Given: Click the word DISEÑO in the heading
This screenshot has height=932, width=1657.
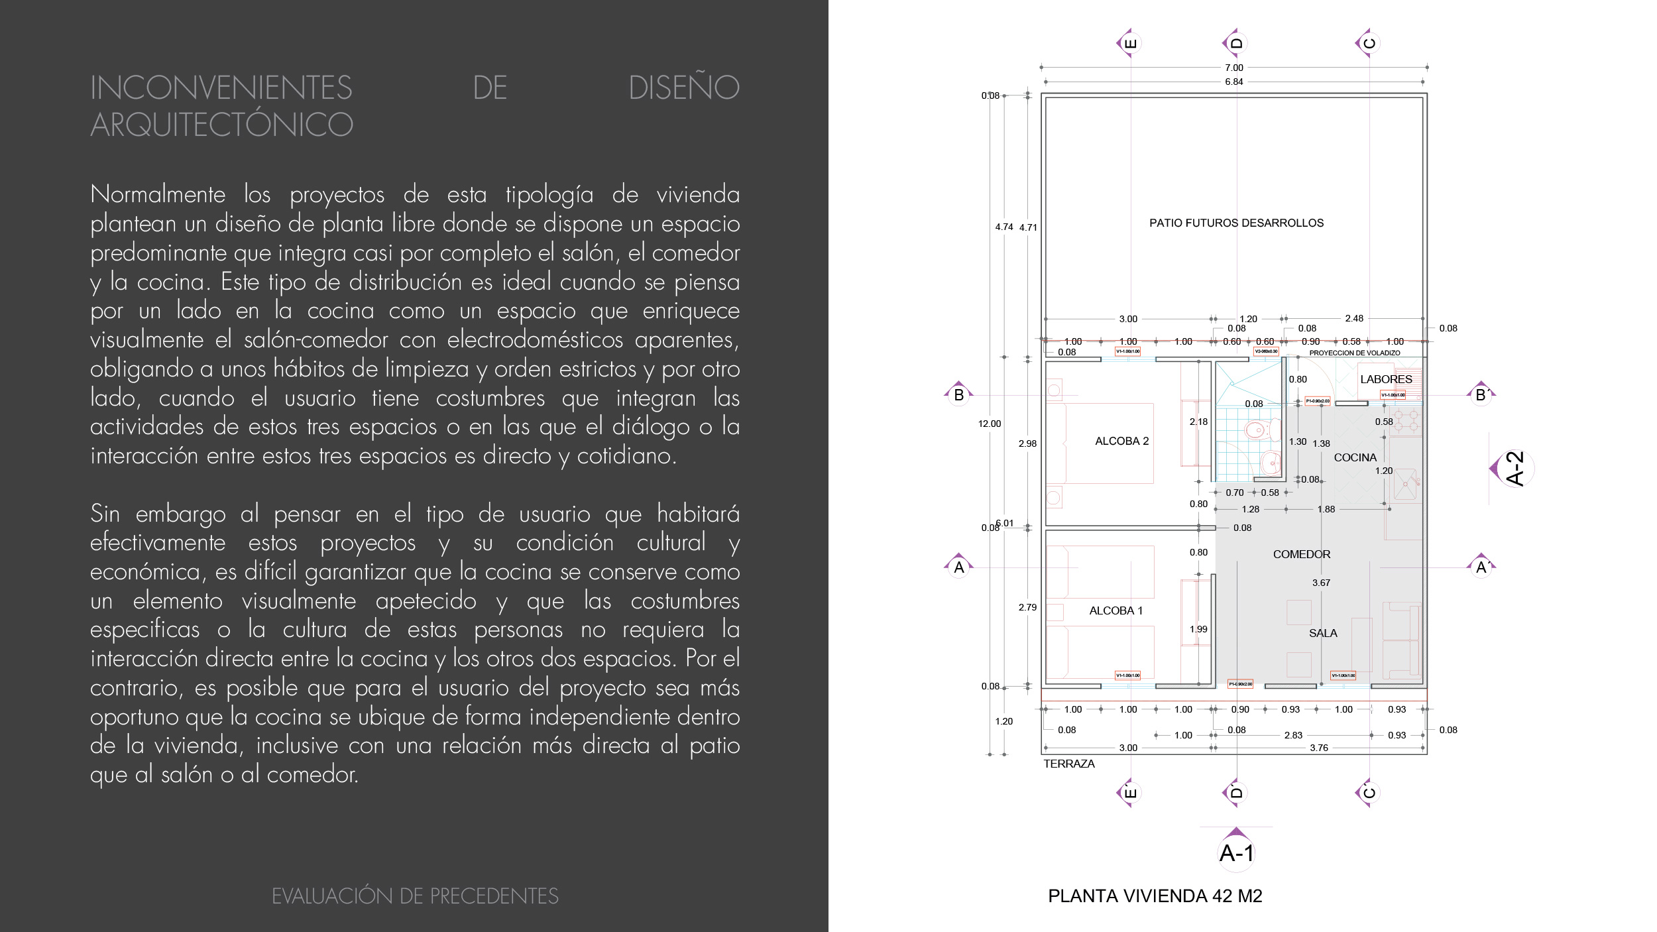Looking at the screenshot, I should [683, 87].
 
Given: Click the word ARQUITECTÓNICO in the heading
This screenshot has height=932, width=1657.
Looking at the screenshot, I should [222, 125].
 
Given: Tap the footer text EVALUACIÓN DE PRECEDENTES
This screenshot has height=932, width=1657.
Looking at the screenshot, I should [415, 896].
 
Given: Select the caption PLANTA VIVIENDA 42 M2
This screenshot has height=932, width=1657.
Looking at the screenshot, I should [1155, 896].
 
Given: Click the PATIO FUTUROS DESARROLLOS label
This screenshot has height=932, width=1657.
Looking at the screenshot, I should [1236, 223].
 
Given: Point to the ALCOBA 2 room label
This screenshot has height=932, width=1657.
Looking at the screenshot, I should [1121, 441].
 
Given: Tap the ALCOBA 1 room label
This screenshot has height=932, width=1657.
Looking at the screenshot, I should [1116, 611].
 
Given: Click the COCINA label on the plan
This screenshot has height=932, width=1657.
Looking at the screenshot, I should [1355, 457].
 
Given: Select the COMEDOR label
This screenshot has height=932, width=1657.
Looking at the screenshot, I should [1301, 554].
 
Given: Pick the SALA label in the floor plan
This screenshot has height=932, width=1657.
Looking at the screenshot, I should [1323, 633].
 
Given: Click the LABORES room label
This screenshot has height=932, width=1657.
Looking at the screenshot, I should [1386, 379].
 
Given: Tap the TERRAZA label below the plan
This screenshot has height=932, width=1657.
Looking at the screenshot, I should [1068, 764].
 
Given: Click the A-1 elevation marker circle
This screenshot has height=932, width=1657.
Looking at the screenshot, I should [1236, 853].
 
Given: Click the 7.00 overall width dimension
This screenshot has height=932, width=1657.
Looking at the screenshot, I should [1233, 68].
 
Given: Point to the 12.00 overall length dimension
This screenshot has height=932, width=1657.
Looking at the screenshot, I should [990, 424].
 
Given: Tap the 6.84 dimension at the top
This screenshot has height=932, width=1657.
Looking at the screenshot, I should [1233, 82].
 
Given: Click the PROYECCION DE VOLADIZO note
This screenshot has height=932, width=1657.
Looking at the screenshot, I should [1354, 353].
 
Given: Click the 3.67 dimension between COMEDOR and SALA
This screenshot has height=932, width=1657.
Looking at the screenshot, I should [1321, 583].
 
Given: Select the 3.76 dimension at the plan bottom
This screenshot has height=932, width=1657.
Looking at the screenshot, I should [1319, 748].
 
